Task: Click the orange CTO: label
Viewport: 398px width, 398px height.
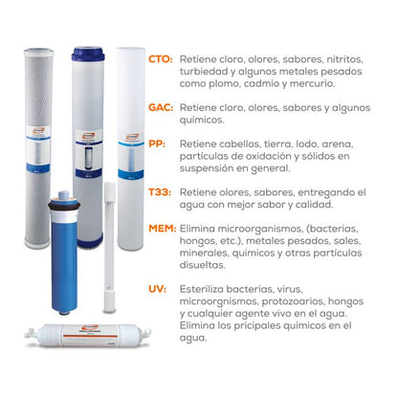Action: click(161, 59)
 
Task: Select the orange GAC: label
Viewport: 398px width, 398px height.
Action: click(161, 107)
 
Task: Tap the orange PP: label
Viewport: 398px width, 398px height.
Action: click(157, 144)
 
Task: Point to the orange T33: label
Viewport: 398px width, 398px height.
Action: click(160, 192)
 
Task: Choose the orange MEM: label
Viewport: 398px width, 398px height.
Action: click(163, 229)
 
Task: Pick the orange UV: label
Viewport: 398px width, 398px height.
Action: click(157, 289)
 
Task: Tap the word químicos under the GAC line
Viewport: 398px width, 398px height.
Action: click(202, 120)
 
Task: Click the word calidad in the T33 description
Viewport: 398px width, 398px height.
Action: click(315, 205)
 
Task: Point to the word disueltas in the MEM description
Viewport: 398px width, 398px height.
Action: click(202, 265)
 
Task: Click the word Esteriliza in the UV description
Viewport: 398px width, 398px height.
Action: click(202, 289)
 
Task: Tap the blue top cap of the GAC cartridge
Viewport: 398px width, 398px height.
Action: click(88, 54)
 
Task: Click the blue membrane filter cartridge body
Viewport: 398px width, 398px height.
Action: click(64, 252)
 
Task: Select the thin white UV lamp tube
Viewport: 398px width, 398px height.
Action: click(110, 247)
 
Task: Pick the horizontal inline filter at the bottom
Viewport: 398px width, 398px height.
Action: click(88, 335)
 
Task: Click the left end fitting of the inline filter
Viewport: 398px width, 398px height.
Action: click(31, 334)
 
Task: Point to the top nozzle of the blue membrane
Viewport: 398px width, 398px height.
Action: click(64, 194)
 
